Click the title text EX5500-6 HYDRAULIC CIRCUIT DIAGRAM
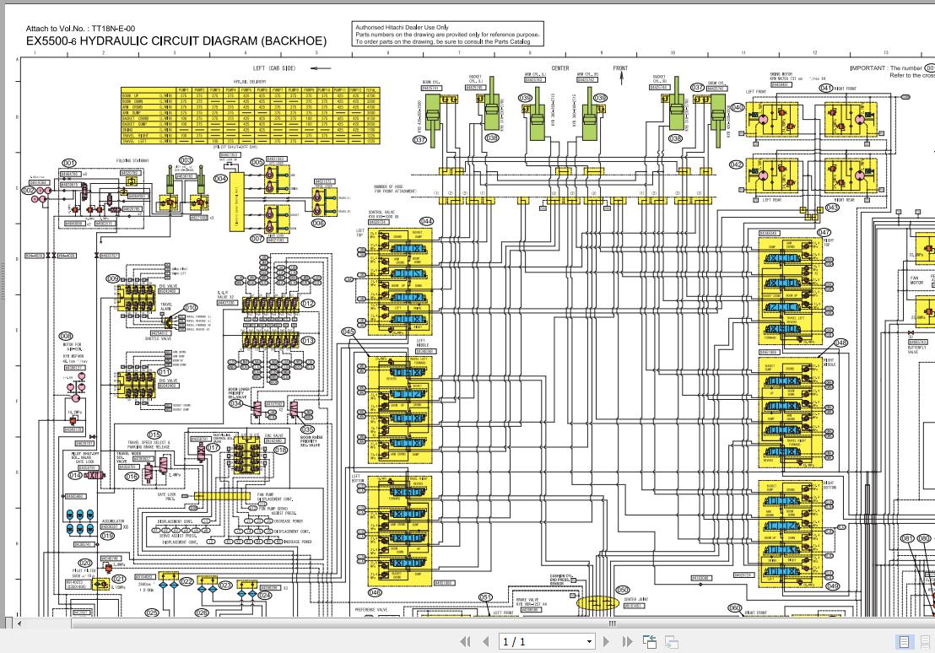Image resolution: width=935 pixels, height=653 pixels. (x=176, y=40)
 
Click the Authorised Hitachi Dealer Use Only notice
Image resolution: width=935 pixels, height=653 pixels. (x=401, y=27)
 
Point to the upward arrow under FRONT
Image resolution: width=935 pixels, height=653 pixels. (x=622, y=79)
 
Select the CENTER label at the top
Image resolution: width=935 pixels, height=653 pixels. (x=560, y=68)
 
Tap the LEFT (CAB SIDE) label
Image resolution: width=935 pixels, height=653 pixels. (x=274, y=68)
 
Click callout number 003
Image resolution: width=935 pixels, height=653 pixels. (x=186, y=159)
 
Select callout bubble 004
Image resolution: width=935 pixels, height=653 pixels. (x=220, y=178)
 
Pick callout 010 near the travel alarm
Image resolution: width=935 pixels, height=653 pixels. (x=191, y=308)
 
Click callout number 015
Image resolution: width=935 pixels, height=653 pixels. (x=154, y=435)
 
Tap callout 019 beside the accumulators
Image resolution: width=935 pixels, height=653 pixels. (x=107, y=536)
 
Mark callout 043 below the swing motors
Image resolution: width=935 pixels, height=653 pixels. (x=832, y=208)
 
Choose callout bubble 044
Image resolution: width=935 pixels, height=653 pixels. (x=426, y=222)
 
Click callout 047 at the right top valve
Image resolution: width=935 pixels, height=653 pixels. (x=824, y=233)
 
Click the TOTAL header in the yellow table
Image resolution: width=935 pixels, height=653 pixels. (x=371, y=89)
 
